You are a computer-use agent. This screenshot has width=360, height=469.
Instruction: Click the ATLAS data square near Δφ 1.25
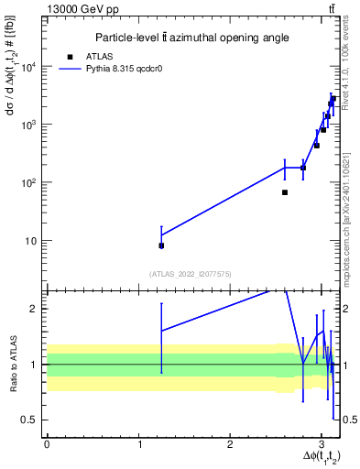pos(161,245)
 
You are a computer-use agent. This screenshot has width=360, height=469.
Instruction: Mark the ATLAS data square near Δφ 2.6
pos(285,192)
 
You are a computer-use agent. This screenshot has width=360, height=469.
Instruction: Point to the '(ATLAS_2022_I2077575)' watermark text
pos(191,273)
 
